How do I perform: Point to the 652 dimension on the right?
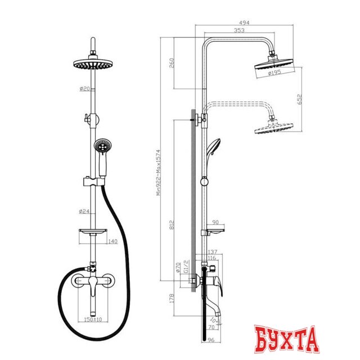tap(300, 99)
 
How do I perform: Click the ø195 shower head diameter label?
tap(274, 73)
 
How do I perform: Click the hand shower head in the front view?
tap(102, 148)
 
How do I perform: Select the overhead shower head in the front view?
tap(93, 65)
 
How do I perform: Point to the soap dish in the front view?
tap(92, 233)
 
